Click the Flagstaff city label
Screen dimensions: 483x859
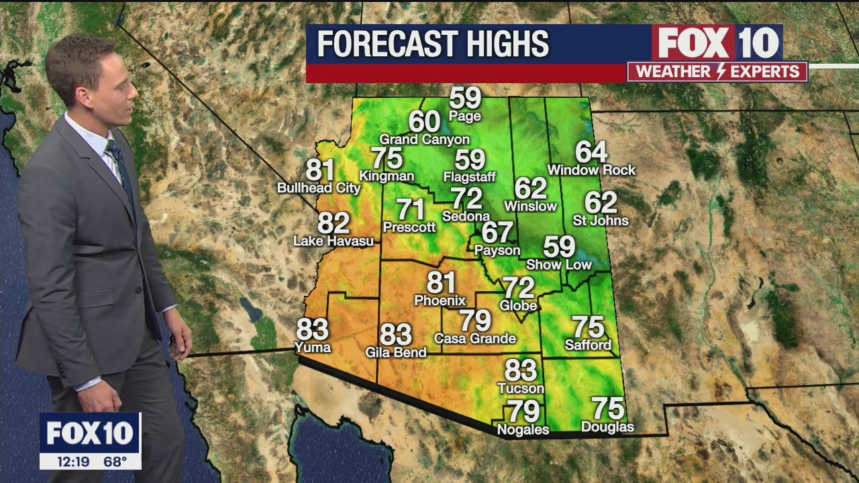[469, 177]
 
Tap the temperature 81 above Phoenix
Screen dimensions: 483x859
[441, 282]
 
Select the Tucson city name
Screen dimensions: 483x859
[521, 388]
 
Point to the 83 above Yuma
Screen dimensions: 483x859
[312, 329]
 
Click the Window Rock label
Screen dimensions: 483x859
[591, 170]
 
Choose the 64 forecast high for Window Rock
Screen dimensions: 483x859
[591, 152]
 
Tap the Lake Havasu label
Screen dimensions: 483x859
[334, 241]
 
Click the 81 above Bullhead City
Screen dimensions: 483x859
[321, 170]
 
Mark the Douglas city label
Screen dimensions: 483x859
[607, 427]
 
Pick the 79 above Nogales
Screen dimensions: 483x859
[523, 411]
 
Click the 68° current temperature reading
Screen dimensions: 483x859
[115, 462]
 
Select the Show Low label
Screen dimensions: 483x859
[558, 265]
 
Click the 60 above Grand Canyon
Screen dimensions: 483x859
[424, 121]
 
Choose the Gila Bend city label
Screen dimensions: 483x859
[395, 352]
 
